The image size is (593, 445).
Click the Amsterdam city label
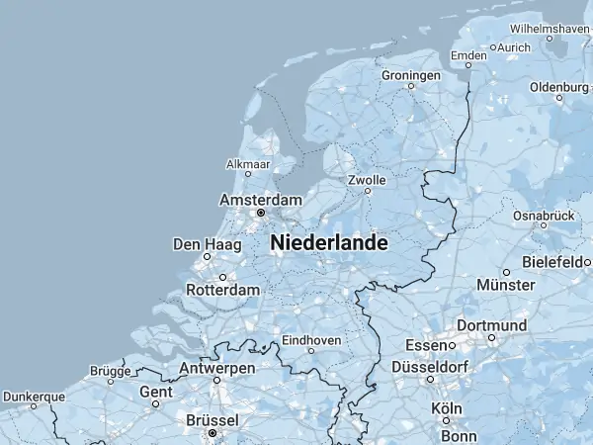point(259,200)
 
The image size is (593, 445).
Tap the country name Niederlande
point(328,242)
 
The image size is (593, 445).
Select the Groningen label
point(411,75)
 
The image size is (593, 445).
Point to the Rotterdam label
point(222,291)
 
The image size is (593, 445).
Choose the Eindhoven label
point(311,340)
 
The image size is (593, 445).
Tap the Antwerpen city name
point(216,368)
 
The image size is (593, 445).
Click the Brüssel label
point(212,420)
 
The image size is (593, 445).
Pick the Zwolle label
point(367,181)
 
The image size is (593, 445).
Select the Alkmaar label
point(248,163)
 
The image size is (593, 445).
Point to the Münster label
point(505,285)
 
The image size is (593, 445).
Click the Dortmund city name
point(491,325)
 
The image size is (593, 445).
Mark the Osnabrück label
point(544,215)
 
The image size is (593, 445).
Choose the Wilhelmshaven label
point(551,29)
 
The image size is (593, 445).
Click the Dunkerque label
point(33,397)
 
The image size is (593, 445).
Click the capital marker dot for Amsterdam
point(261,213)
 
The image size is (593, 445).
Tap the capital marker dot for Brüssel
point(212,433)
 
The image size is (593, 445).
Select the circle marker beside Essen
point(452,346)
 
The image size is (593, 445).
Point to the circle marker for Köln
point(446,421)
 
